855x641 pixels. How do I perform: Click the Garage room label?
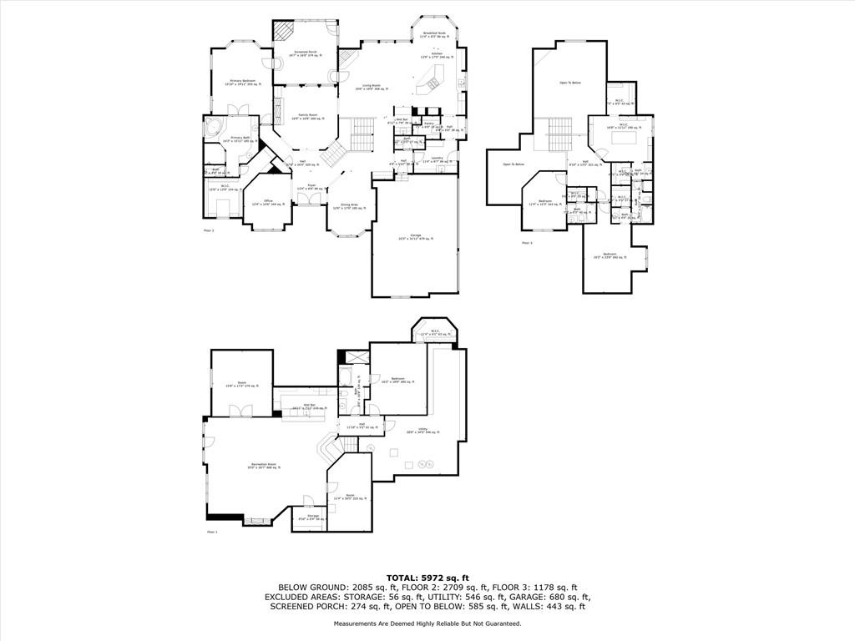click(415, 237)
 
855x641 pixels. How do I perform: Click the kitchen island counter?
click(433, 79)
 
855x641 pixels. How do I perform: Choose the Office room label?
click(268, 202)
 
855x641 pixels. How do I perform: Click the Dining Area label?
click(349, 206)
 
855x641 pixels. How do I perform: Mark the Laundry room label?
click(437, 159)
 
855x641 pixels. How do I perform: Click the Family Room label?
click(306, 117)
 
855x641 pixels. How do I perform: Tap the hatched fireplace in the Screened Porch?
click(286, 31)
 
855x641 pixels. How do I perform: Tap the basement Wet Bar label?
click(308, 406)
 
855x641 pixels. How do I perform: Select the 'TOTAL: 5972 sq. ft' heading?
click(427, 578)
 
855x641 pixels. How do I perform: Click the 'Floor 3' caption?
click(527, 243)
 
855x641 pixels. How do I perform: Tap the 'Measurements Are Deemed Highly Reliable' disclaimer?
click(427, 623)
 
